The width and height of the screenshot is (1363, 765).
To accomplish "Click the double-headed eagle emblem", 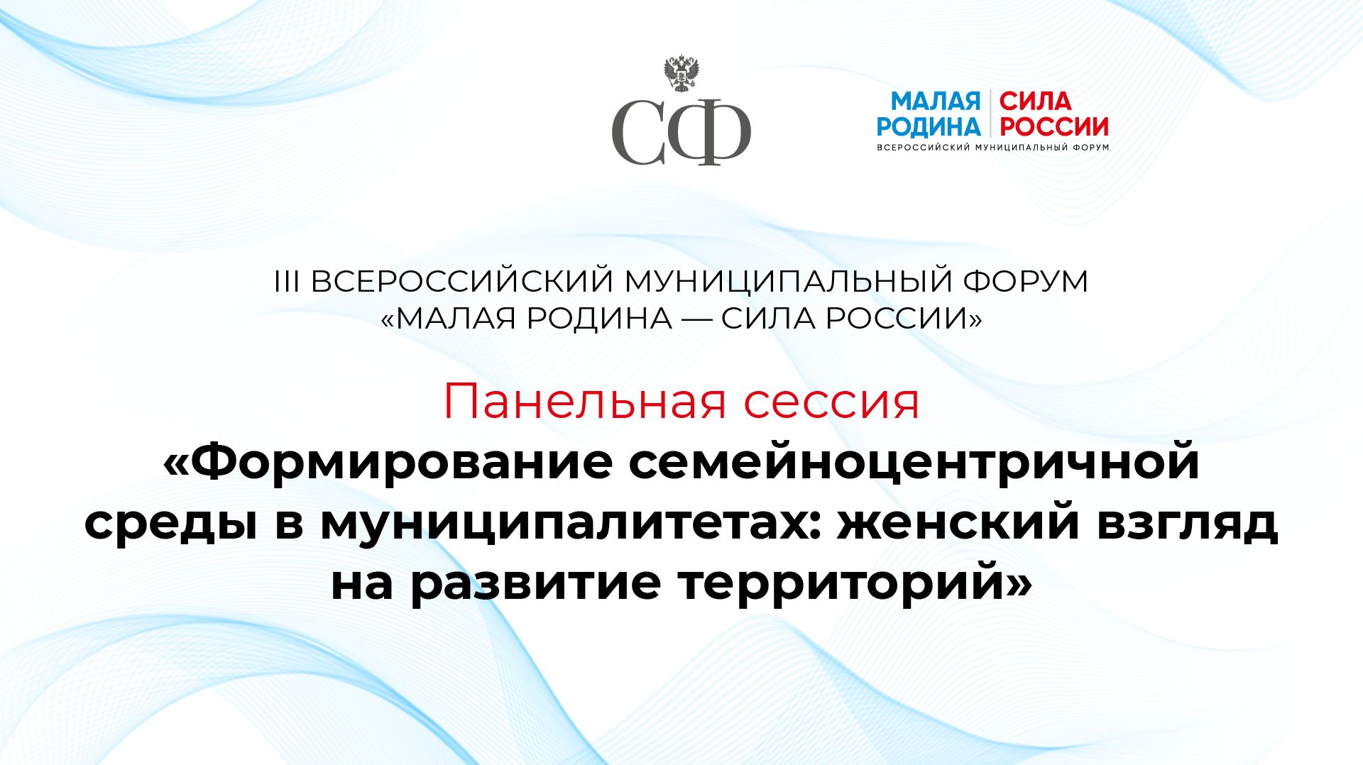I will pos(681,74).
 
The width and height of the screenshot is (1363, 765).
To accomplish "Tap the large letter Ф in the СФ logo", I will pos(710,133).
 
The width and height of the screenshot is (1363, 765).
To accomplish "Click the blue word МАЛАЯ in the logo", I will pos(935,101).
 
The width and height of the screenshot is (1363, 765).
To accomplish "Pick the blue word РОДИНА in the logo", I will pos(928,127).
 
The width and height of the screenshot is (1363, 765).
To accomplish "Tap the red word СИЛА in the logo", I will pos(1035,101).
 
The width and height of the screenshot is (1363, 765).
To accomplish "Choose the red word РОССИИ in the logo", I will pos(1053,127).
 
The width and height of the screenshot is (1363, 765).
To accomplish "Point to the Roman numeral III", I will pos(287,282).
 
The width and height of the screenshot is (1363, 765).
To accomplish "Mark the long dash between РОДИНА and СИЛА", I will pos(696,319).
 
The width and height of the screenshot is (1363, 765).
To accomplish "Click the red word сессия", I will pos(831,402).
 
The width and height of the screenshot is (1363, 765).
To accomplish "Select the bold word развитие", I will pos(536,585).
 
